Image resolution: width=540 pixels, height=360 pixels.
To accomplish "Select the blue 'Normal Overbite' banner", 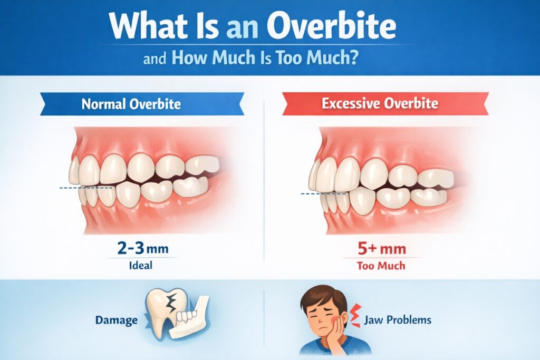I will pos(131,104).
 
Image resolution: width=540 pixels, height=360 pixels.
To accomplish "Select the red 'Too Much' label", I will pos(381,265).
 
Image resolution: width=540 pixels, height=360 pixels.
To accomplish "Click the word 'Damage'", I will pos(117,319).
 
